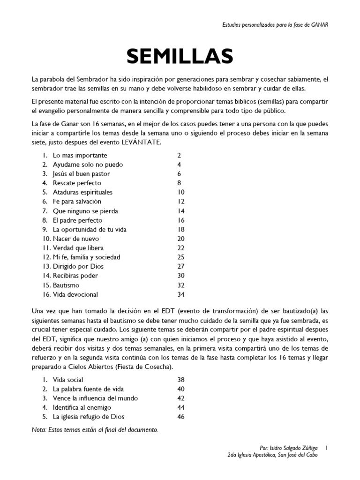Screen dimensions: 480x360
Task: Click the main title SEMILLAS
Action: coord(180,56)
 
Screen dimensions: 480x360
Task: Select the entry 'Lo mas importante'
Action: coord(80,155)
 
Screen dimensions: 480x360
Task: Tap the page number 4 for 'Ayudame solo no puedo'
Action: coord(179,165)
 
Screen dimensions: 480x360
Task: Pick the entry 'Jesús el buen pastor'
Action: coord(82,174)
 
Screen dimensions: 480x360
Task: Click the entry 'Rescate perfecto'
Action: coord(77,183)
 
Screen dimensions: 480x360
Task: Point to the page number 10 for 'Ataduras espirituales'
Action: coord(181,192)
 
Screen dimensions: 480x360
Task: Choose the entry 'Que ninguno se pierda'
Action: coord(85,211)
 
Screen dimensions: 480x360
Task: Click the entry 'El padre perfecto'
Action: coord(77,220)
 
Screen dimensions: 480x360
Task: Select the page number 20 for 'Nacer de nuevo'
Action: coord(181,239)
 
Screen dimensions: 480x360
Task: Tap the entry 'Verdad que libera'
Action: coord(78,248)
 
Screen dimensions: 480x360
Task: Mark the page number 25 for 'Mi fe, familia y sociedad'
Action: coord(181,257)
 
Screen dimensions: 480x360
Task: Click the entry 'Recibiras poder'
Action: coord(75,276)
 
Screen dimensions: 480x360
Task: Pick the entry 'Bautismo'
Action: coord(66,285)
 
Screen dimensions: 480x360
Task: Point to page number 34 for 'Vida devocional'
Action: coord(181,294)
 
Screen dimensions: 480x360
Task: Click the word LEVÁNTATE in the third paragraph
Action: coord(141,142)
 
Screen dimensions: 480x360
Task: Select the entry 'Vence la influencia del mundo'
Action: coord(95,398)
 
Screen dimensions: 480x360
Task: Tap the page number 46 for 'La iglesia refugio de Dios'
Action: coord(181,417)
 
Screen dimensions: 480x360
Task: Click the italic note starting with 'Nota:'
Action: coord(95,429)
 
